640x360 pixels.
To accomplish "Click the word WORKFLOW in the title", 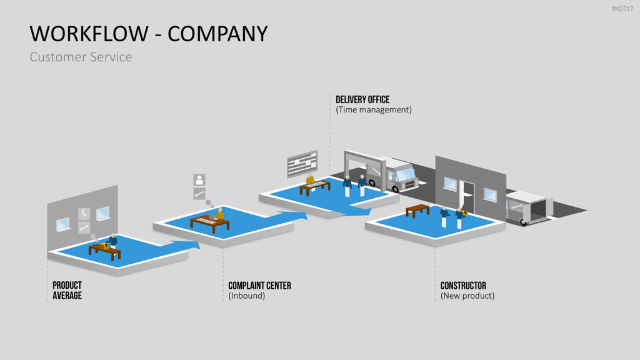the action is [x=89, y=34].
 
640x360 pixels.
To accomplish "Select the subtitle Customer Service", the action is [x=81, y=57].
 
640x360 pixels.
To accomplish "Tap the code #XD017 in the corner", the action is [x=622, y=9].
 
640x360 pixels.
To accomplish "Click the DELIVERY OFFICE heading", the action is [x=362, y=99].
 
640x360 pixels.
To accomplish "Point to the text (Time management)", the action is [x=374, y=110].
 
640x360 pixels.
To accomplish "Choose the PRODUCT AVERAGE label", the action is [x=67, y=290].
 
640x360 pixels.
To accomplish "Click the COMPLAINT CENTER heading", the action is [x=259, y=286].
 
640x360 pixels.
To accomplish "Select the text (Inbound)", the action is [x=246, y=296].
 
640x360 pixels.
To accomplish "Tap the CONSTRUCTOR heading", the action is [x=463, y=286].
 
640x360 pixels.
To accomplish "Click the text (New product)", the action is [x=467, y=296].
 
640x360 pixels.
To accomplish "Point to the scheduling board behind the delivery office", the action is [x=302, y=164].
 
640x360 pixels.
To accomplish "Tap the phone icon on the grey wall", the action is [x=84, y=214].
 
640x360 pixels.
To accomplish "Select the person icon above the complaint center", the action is [x=199, y=179].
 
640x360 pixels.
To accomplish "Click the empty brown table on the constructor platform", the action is [x=417, y=211].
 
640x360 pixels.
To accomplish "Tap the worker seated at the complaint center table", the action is [x=220, y=215].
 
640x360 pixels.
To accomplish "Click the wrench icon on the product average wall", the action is [x=84, y=227].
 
